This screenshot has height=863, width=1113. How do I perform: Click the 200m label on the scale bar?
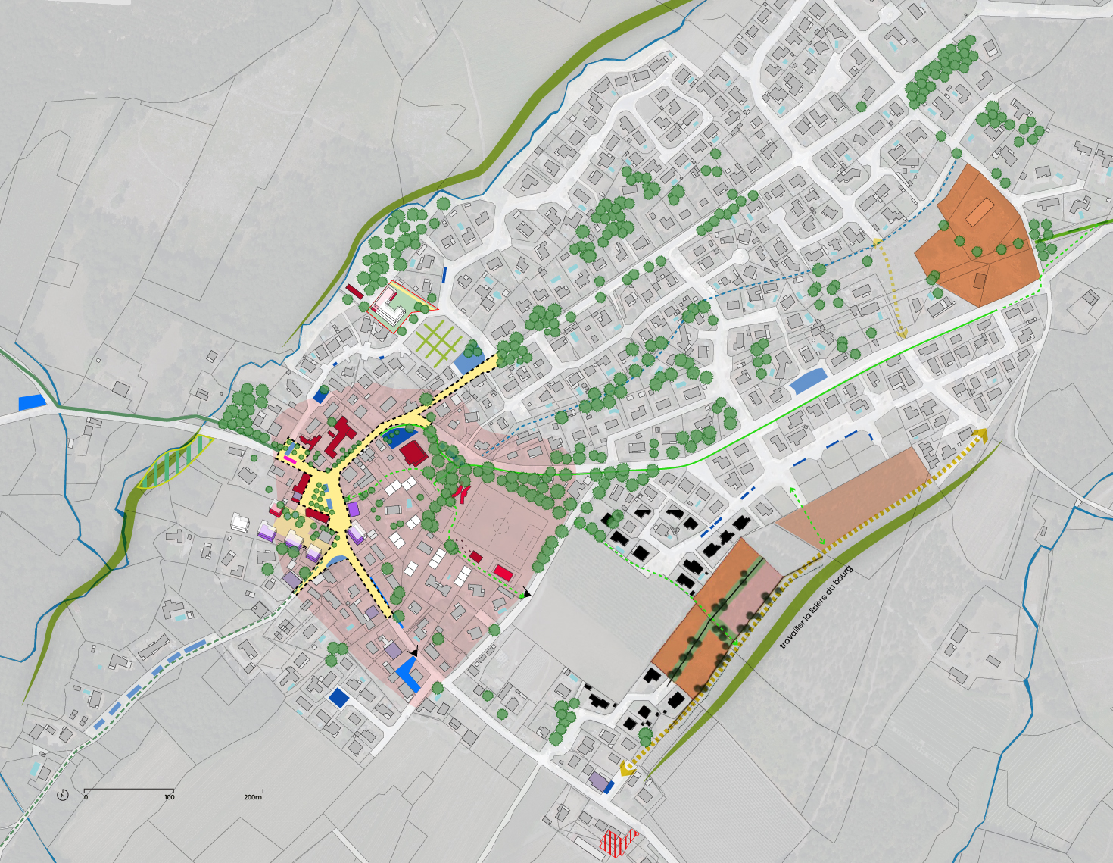[252, 797]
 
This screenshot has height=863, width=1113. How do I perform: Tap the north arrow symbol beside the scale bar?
[63, 796]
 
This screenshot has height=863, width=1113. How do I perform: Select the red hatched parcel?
[619, 841]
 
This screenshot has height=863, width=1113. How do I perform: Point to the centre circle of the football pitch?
[500, 523]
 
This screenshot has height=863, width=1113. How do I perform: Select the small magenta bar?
[289, 459]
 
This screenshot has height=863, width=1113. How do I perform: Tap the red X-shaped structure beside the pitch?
[460, 493]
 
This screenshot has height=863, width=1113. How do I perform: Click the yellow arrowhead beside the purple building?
[627, 768]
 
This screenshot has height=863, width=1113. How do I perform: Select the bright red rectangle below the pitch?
[503, 571]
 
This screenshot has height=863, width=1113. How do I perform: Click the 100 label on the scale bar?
[169, 797]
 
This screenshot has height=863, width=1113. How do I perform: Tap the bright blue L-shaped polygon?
[408, 674]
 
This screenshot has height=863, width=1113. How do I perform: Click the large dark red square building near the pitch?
[413, 454]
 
